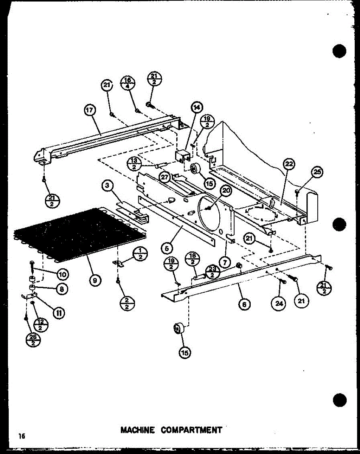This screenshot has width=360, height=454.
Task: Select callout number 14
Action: click(x=197, y=107)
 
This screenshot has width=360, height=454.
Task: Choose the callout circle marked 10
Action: click(x=62, y=274)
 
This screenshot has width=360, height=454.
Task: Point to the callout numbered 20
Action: click(x=226, y=191)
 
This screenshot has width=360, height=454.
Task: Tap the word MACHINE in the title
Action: click(x=137, y=430)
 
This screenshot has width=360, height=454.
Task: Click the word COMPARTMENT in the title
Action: click(x=191, y=430)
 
